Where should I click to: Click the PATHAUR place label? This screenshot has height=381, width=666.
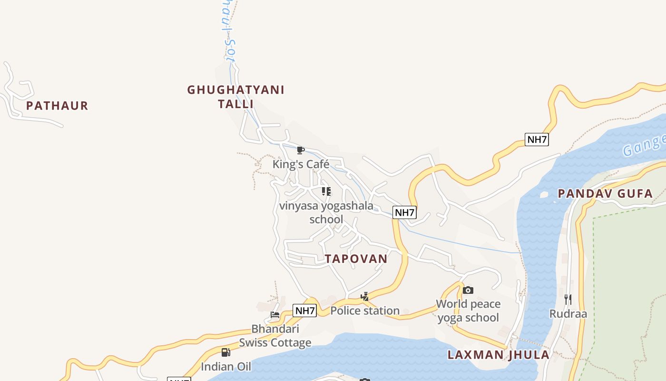57,106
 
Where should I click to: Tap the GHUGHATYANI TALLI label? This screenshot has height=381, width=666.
235,97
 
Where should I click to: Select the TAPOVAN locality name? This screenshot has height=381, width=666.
356,259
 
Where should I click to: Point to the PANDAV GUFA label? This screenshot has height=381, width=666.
605,194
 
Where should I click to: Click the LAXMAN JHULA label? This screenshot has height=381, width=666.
499,355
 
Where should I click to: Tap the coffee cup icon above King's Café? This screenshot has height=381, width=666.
301,151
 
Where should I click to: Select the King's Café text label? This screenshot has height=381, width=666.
301,164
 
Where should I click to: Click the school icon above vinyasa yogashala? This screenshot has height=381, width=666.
326,191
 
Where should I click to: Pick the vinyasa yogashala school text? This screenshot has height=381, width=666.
326,212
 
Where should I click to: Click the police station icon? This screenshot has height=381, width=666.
365,297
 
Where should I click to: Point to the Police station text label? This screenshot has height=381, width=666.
365,311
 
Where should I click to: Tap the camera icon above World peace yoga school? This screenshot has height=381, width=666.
468,290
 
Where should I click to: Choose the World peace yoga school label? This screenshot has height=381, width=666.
468,311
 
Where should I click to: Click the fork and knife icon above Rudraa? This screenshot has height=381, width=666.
568,300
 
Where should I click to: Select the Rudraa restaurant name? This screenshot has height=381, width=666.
568,314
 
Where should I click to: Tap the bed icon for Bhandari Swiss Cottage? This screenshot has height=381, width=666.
275,315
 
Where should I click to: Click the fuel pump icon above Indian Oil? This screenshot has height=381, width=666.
226,352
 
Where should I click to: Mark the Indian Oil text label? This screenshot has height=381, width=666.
226,367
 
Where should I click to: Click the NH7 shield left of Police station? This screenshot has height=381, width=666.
304,311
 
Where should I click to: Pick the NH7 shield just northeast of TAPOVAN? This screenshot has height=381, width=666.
404,212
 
